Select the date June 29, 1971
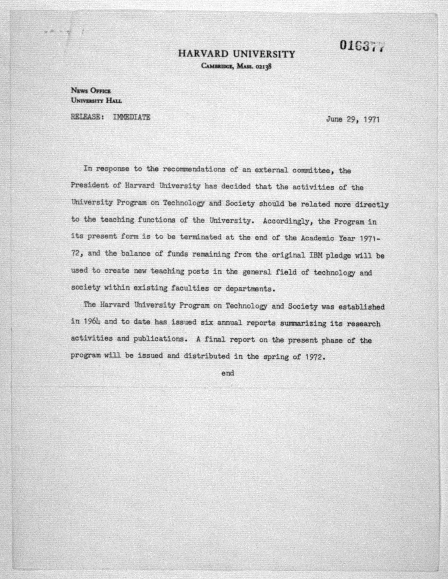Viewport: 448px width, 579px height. pyautogui.click(x=353, y=120)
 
